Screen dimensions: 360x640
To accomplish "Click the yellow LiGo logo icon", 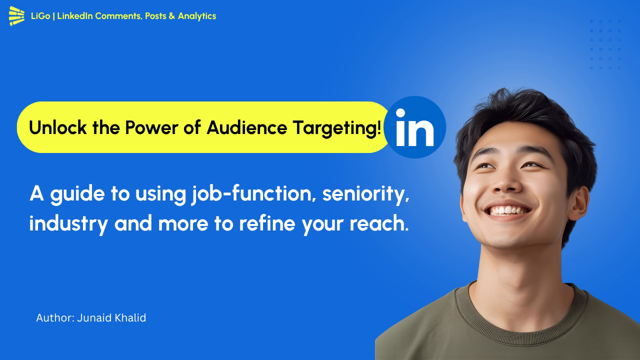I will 16,16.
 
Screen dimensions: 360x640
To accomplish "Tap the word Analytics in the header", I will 197,16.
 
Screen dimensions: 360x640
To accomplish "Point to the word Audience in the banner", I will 247,128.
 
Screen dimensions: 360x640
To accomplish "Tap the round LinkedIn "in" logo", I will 414,127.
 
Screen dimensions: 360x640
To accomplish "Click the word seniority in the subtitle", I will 365,194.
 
